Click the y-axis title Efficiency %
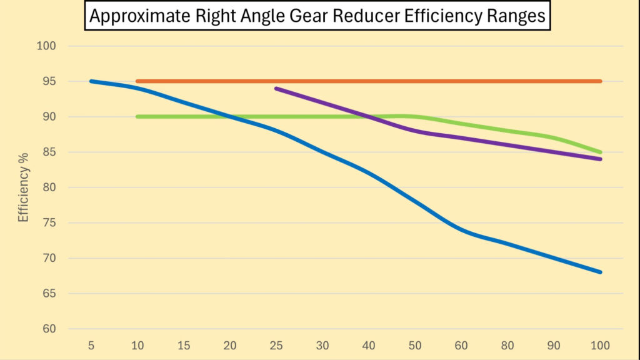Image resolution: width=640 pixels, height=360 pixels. point(24,188)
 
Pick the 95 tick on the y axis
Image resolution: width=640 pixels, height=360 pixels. point(49,81)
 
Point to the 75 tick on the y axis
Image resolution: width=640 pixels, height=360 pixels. point(49,223)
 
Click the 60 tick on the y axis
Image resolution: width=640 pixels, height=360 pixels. point(49,329)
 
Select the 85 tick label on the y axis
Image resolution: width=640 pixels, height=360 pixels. point(49,152)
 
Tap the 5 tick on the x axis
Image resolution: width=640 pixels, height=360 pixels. point(92,345)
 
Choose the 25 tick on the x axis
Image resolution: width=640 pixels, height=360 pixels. point(276,345)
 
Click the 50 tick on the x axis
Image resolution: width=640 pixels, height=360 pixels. point(415,345)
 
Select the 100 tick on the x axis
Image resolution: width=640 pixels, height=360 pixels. point(600,345)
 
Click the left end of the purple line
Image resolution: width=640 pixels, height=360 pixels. point(276,89)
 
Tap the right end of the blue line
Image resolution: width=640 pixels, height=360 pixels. point(600,272)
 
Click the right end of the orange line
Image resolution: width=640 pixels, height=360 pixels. point(600,81)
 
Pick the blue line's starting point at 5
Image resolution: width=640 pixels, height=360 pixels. point(92,81)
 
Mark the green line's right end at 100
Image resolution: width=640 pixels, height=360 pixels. point(600,152)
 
